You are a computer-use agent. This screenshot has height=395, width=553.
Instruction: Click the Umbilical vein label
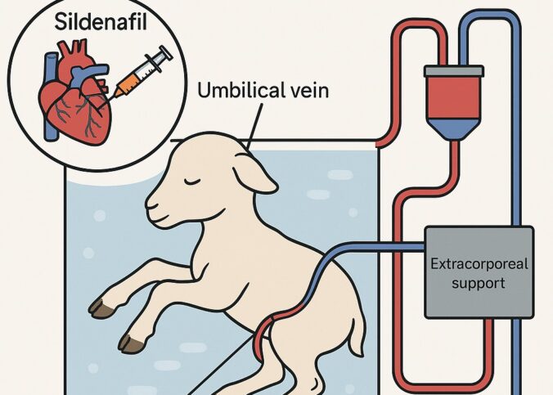click(x=263, y=90)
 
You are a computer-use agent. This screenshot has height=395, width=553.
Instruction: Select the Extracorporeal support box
click(x=479, y=272)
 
